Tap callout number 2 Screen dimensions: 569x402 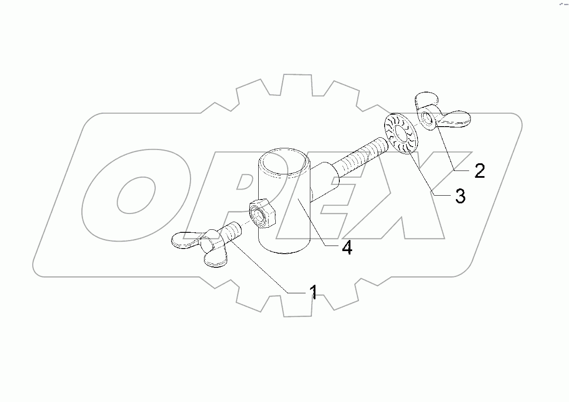pyautogui.click(x=479, y=171)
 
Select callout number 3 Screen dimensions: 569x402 pyautogui.click(x=460, y=196)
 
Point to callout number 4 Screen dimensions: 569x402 pyautogui.click(x=347, y=247)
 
